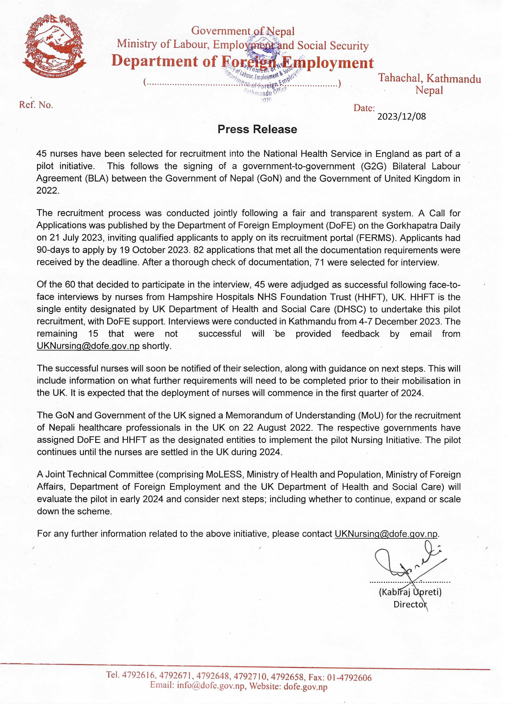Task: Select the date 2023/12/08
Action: (x=401, y=117)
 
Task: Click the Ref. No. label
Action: (x=36, y=105)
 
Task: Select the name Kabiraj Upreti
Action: (x=410, y=592)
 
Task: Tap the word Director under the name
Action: (x=410, y=604)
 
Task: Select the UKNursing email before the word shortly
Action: (x=88, y=346)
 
